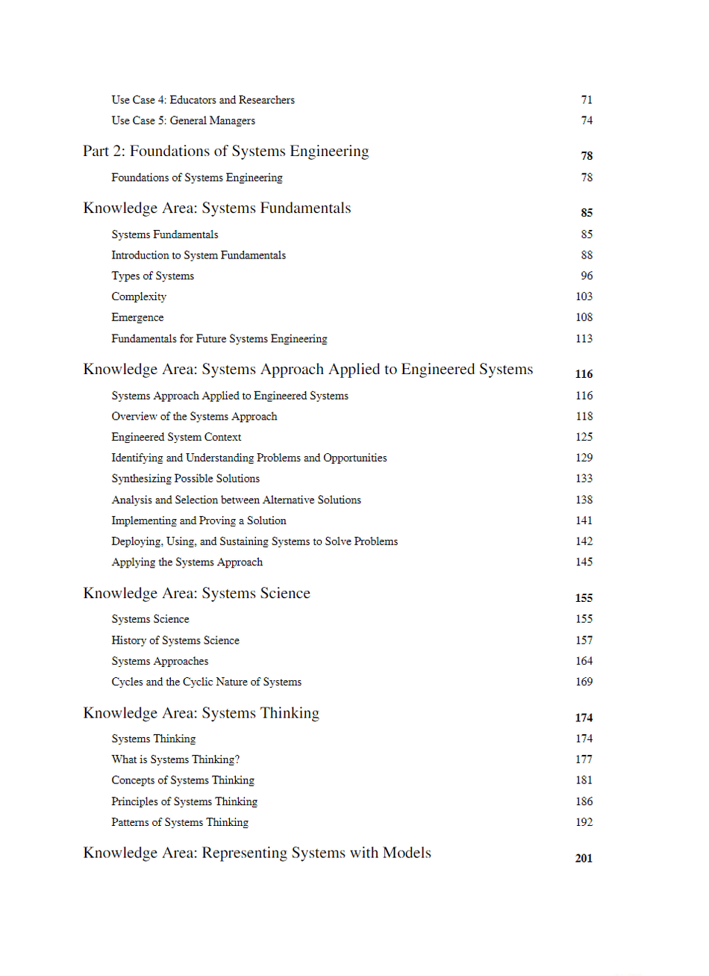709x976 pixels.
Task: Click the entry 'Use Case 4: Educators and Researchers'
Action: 203,100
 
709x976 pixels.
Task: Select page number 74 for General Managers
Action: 587,121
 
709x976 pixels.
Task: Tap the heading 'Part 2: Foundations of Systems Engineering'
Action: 225,152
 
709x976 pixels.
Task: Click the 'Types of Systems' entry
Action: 152,276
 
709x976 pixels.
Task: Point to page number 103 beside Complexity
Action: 584,297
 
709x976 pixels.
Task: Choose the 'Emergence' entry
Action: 137,318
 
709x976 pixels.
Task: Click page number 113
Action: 584,339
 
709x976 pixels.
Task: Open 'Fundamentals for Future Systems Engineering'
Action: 219,339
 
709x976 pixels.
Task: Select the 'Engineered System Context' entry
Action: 176,438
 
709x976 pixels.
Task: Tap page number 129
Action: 584,459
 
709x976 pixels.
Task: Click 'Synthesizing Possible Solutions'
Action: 185,479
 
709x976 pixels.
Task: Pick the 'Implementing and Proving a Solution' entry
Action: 199,521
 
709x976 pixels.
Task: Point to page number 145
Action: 584,562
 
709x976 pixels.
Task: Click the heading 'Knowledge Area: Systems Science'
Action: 196,594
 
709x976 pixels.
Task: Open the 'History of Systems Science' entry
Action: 175,641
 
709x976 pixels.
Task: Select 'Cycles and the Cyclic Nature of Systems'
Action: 206,683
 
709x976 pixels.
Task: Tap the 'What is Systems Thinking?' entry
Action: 175,760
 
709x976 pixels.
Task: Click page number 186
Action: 584,802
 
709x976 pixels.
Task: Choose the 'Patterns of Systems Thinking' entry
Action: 180,823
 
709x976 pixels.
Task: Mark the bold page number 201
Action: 584,859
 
